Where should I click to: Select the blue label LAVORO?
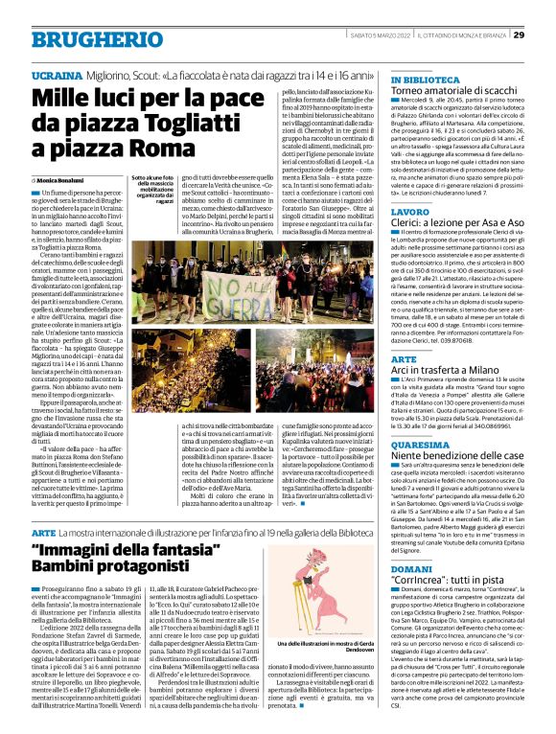click(x=409, y=210)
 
